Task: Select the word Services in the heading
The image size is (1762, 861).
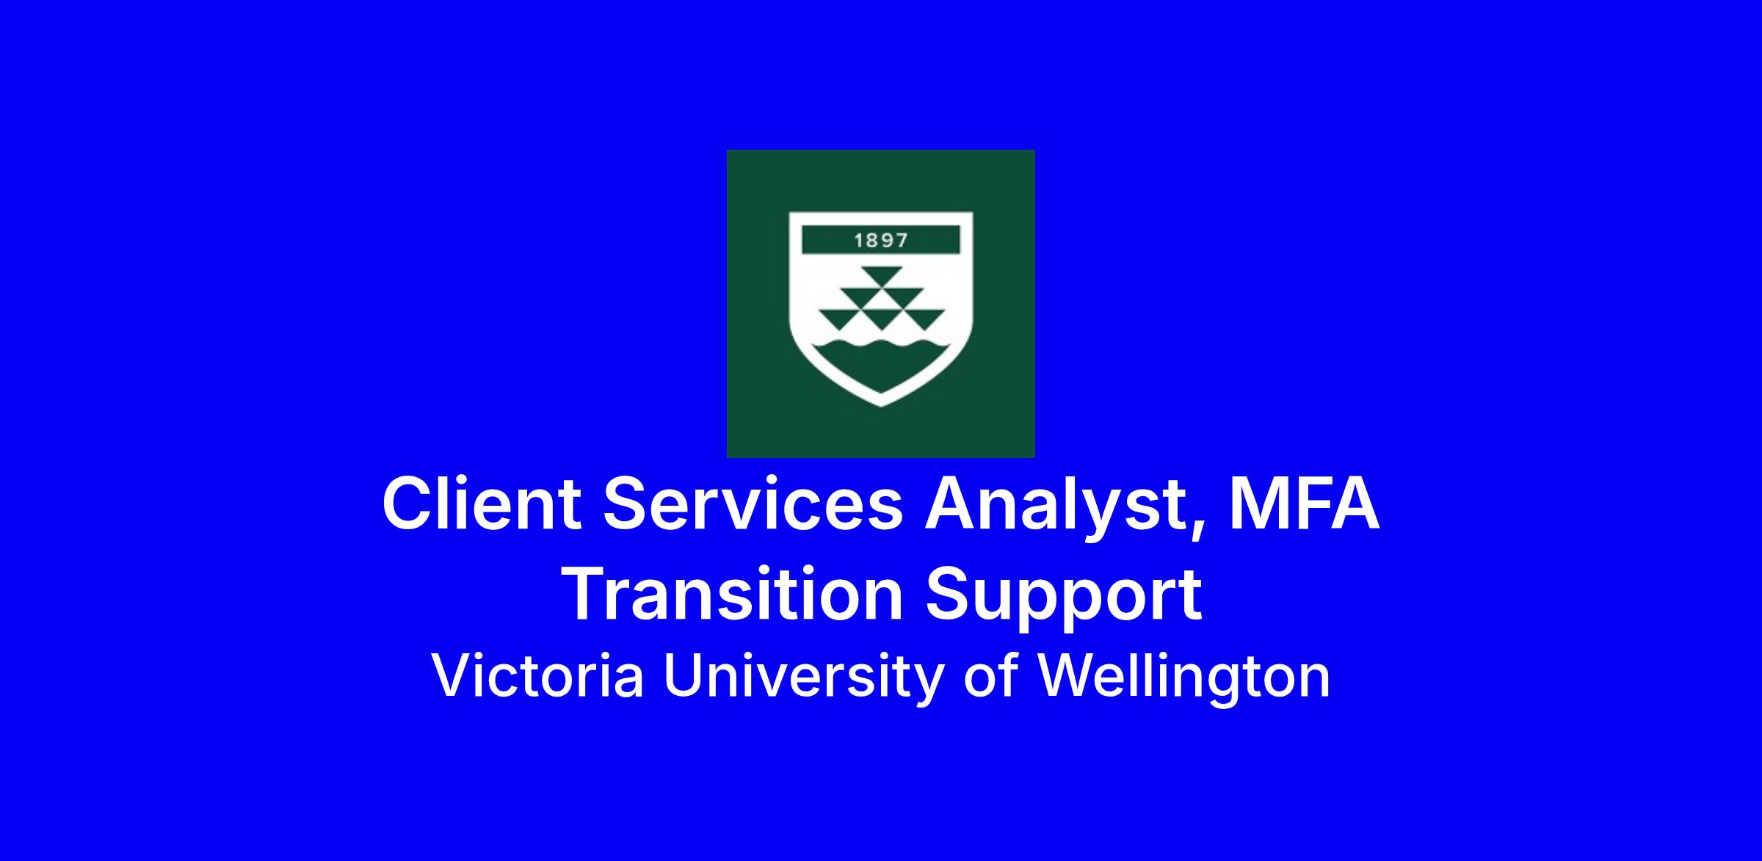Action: pyautogui.click(x=753, y=505)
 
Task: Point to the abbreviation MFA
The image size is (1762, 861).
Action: pyautogui.click(x=1305, y=504)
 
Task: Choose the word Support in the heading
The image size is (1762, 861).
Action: pyautogui.click(x=1063, y=598)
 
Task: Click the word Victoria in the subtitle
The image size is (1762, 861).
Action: pyautogui.click(x=538, y=676)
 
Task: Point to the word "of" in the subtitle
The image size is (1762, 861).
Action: pyautogui.click(x=989, y=675)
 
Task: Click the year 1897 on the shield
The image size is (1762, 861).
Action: pyautogui.click(x=881, y=240)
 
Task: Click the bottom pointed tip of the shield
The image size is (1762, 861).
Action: pyautogui.click(x=881, y=406)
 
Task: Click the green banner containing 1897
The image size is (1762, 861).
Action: pyautogui.click(x=881, y=240)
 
